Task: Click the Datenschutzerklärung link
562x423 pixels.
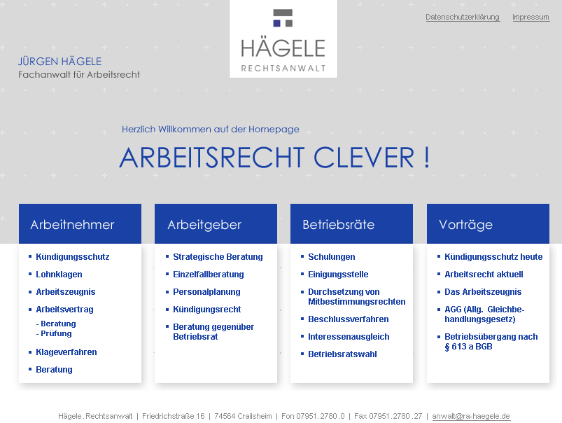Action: click(463, 18)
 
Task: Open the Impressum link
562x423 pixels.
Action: click(531, 18)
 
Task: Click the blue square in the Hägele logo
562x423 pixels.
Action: click(276, 23)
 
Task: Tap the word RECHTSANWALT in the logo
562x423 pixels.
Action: click(283, 68)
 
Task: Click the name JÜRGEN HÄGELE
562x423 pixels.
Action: click(60, 62)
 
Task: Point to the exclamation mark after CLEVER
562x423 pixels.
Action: click(426, 157)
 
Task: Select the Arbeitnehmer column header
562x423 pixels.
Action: click(80, 224)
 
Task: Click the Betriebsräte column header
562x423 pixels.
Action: click(351, 224)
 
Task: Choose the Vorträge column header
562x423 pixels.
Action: click(488, 224)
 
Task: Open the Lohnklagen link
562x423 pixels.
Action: click(59, 275)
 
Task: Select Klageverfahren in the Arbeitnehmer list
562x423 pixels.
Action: click(66, 352)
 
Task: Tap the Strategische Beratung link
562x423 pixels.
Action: click(218, 257)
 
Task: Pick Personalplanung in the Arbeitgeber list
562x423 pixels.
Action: click(206, 292)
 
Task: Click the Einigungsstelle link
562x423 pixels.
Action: click(338, 275)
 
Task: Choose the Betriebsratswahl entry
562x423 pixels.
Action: click(342, 354)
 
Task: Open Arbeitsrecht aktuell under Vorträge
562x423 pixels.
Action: click(484, 275)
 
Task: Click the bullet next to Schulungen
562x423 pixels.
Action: click(302, 256)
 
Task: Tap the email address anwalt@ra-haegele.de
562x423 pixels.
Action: click(471, 416)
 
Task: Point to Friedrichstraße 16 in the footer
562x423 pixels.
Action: click(173, 416)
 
